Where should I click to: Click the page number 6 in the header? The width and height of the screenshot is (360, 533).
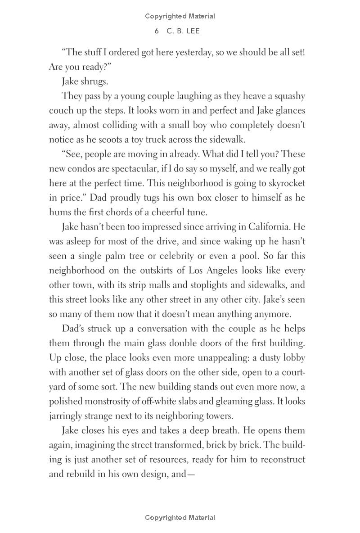pyautogui.click(x=157, y=31)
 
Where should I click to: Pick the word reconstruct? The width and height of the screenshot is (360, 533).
pyautogui.click(x=281, y=460)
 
